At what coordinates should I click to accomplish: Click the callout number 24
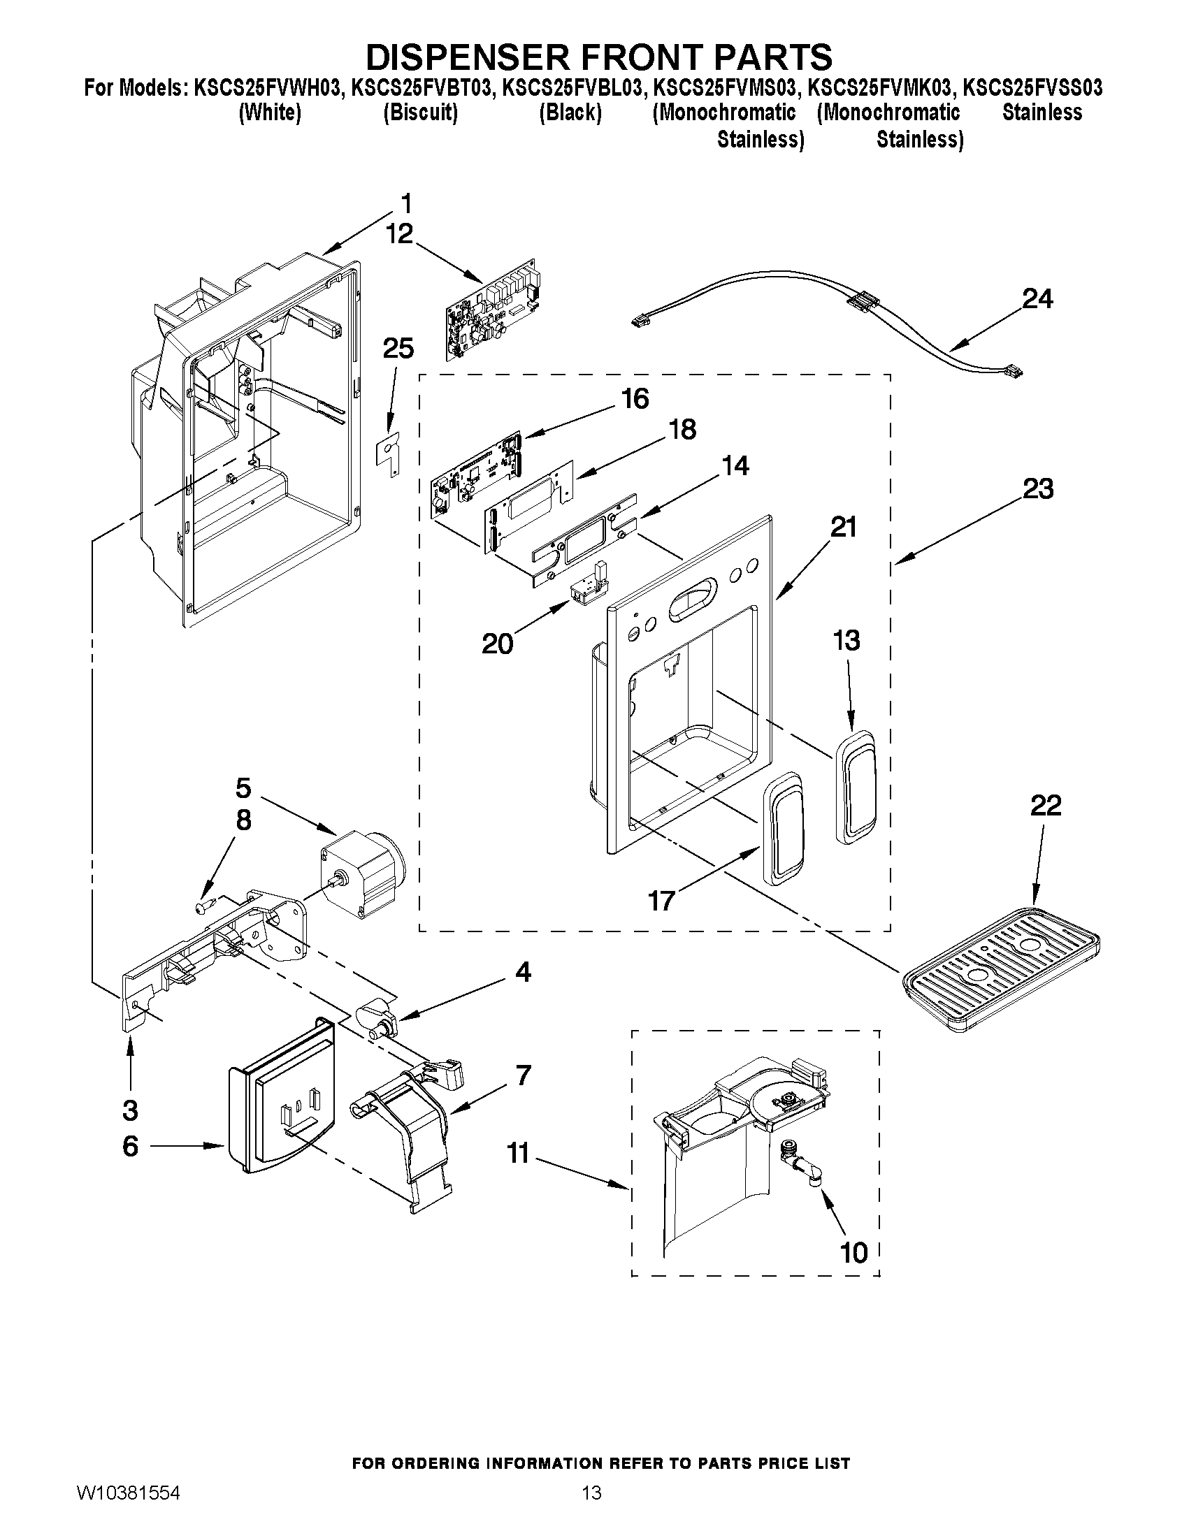click(1037, 299)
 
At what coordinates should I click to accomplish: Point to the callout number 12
click(399, 234)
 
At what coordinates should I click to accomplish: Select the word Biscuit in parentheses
click(421, 113)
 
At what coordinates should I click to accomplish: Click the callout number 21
click(844, 527)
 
